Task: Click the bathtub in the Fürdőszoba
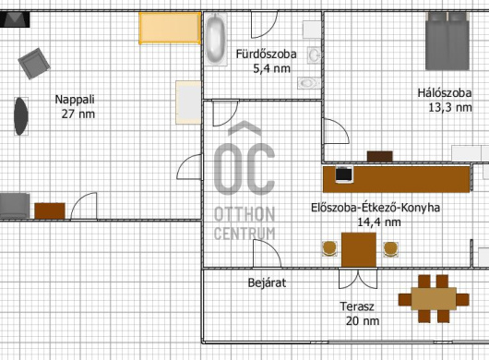click(216, 39)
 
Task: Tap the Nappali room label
click(75, 100)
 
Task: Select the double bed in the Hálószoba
click(447, 41)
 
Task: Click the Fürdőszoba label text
click(266, 54)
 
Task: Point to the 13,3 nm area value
click(450, 108)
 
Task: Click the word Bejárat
click(267, 282)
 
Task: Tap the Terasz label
click(357, 306)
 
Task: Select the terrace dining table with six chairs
click(434, 299)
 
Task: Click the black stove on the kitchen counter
click(344, 174)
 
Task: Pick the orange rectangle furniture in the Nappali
click(170, 28)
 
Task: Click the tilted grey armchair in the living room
click(34, 64)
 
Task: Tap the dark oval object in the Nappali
click(21, 116)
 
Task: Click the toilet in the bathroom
click(309, 83)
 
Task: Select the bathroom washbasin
click(314, 55)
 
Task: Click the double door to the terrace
click(358, 279)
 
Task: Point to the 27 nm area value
click(78, 114)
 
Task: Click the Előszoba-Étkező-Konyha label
click(376, 208)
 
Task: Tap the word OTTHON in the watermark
click(244, 215)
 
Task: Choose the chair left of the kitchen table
click(329, 248)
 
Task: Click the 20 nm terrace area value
click(363, 320)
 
